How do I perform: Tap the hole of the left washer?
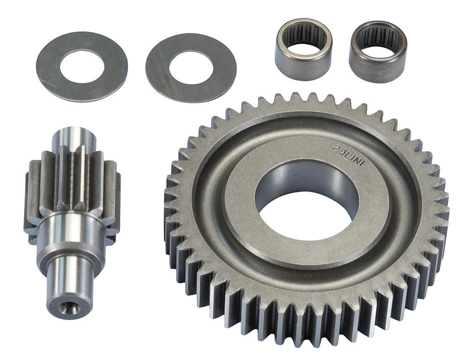82,67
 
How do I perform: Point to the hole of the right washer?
191,68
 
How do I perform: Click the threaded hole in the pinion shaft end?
69,308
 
